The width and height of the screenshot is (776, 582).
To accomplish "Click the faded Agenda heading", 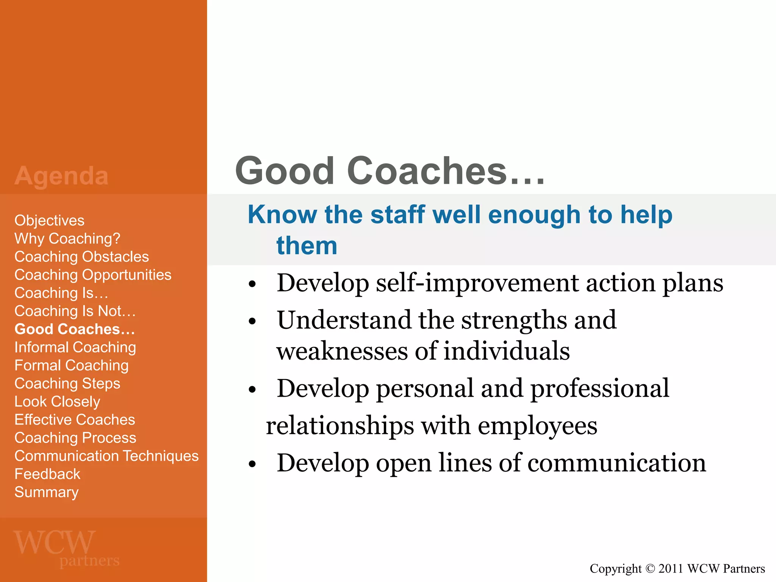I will coord(61,176).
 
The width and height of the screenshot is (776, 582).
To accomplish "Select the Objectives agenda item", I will coord(49,221).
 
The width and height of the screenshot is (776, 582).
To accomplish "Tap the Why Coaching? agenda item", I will coord(67,239).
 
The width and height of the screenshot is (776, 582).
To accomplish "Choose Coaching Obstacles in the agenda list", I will coord(81,257).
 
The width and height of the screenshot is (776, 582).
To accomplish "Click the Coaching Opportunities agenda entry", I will coord(93,275).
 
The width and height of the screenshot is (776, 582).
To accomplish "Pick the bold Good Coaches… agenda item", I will coord(75,329).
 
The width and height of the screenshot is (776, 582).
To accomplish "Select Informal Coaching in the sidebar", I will coord(75,347).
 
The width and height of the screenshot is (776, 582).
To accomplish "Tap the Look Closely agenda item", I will coord(57,402).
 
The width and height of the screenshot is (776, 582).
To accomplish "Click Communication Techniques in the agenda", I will coord(106,456).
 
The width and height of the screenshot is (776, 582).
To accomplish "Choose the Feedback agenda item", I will coord(47,474).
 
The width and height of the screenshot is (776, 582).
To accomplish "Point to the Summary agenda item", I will coord(46,492).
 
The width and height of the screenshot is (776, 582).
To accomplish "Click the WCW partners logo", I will coord(66,548).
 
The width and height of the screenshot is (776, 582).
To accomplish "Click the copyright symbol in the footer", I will coord(650,568).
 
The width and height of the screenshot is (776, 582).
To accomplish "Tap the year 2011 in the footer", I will coord(671,568).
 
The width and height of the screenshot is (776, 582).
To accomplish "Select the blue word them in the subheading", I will coord(307,246).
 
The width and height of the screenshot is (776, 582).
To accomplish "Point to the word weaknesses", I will coord(342,351).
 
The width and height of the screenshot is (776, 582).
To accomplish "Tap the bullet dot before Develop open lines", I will coord(252,464).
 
